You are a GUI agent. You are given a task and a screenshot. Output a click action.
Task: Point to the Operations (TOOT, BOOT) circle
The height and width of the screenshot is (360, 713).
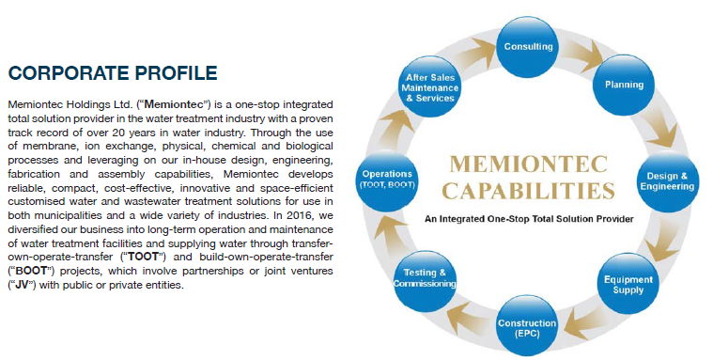[x=387, y=179]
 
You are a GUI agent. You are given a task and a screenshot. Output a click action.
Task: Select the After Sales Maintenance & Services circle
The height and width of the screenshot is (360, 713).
[x=429, y=86]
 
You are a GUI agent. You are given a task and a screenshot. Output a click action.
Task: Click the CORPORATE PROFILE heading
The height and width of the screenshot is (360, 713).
[x=113, y=73]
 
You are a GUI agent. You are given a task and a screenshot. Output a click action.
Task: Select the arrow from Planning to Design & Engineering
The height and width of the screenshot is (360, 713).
[x=660, y=126]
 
